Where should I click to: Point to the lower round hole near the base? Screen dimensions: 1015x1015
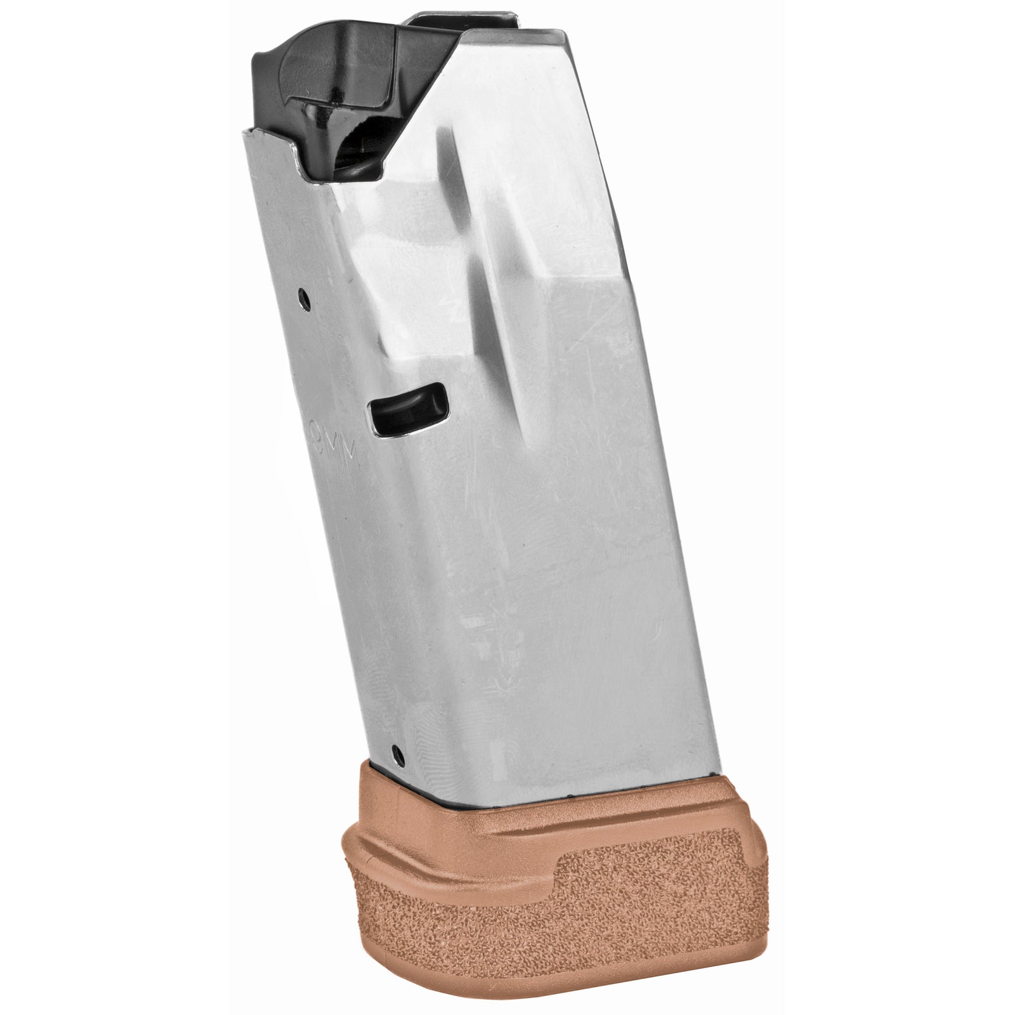click(x=398, y=753)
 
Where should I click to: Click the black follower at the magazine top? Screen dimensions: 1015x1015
click(x=330, y=70)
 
